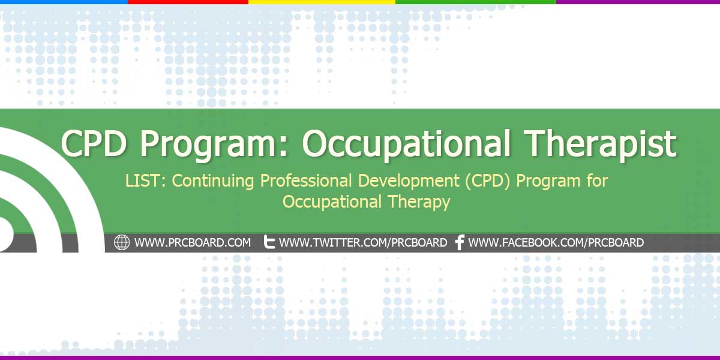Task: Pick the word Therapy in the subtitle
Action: [420, 202]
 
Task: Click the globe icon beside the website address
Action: [122, 242]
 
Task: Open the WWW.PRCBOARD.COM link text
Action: [193, 243]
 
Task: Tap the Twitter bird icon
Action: [269, 242]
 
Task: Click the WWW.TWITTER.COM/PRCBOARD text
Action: [363, 243]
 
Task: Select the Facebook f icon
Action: [460, 242]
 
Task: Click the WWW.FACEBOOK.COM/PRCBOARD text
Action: [556, 243]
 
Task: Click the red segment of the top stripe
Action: [188, 2]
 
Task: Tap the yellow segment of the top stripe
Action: [322, 2]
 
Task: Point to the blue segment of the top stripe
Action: [64, 2]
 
